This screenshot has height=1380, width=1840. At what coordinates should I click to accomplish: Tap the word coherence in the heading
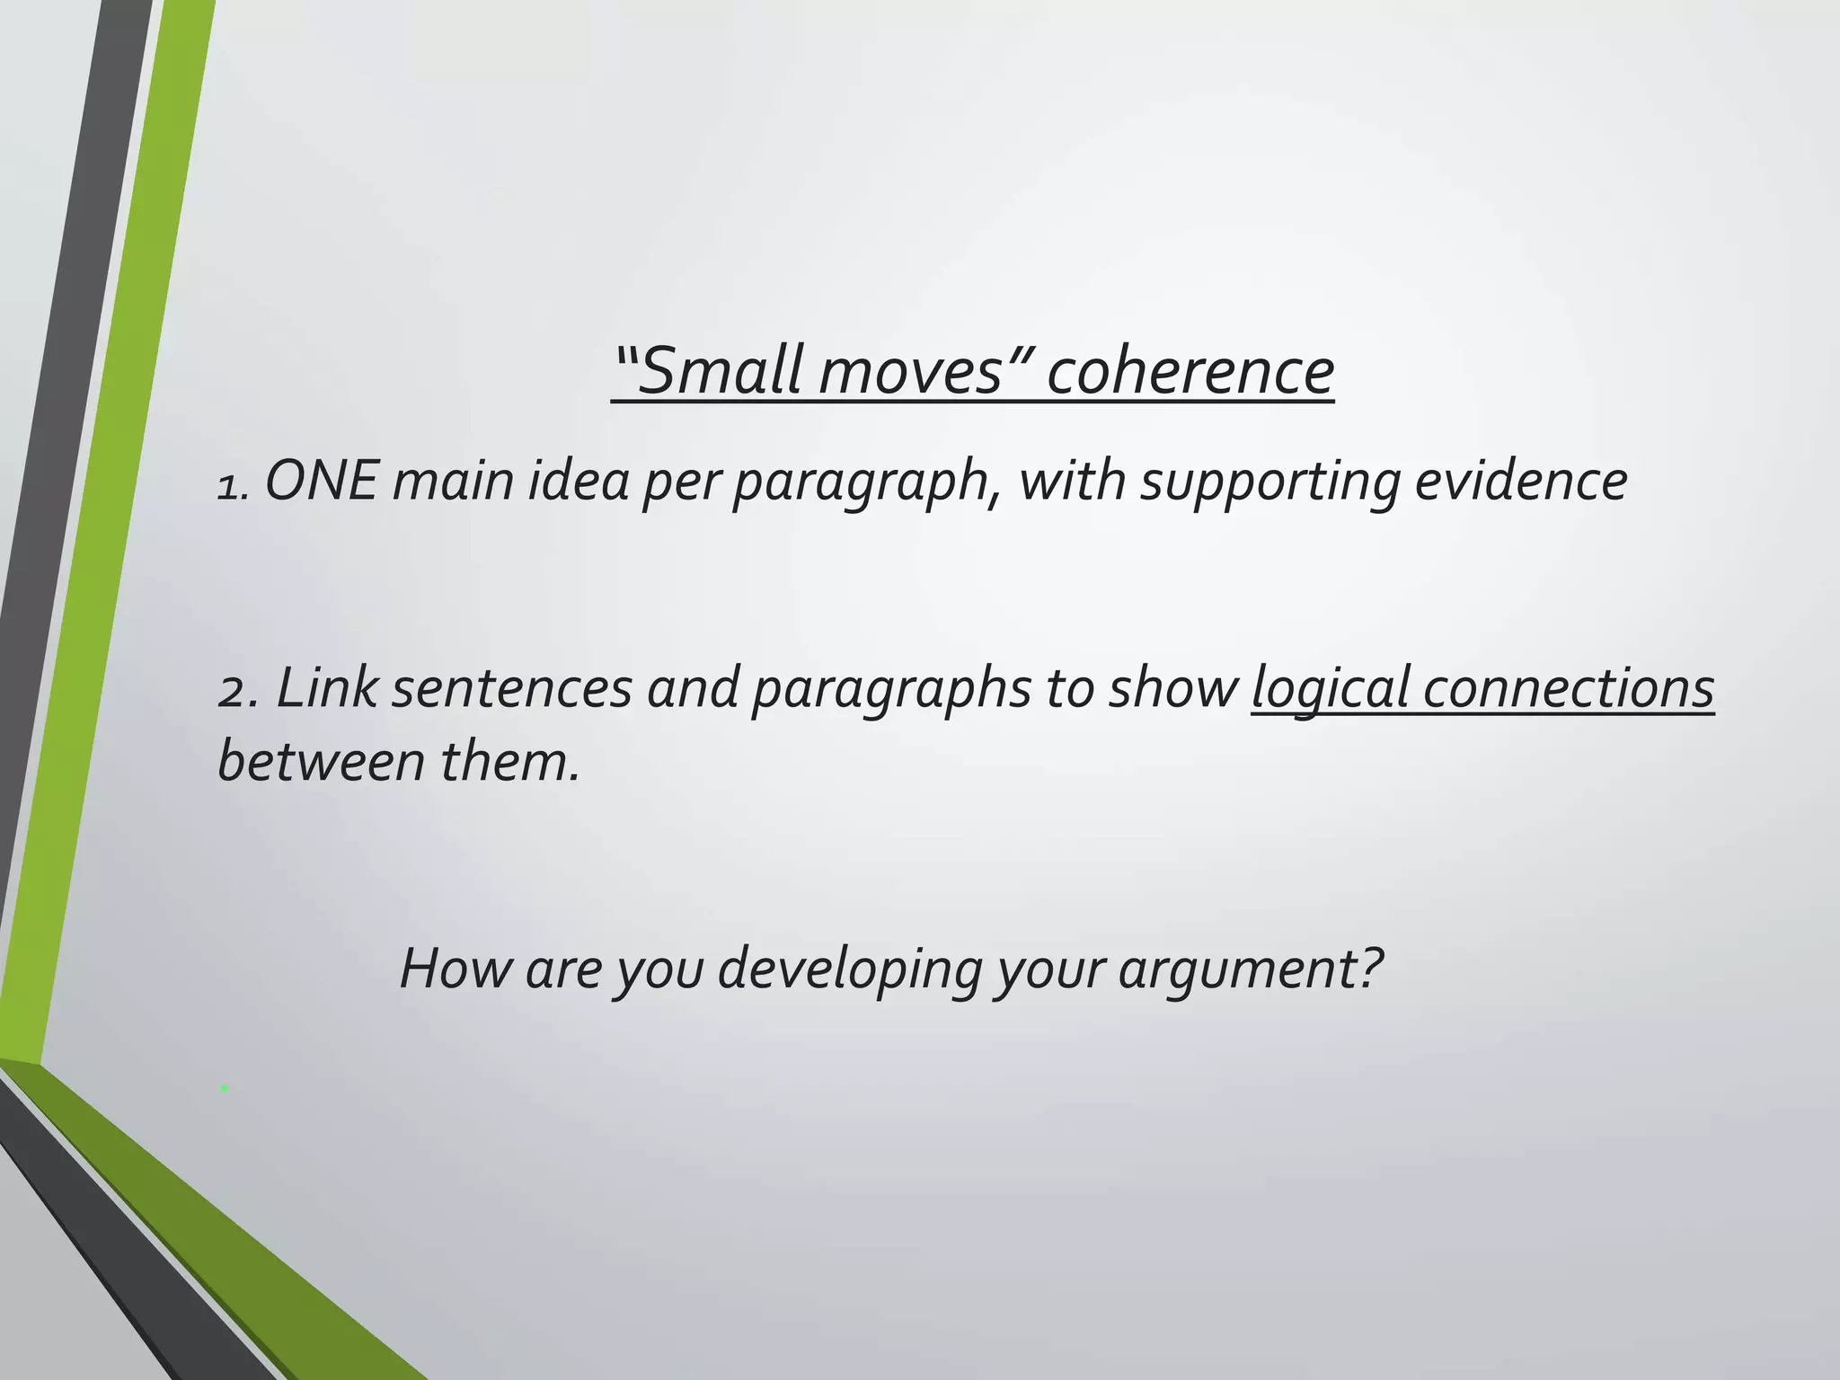click(1190, 371)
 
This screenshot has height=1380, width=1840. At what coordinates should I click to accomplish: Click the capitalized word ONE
click(322, 481)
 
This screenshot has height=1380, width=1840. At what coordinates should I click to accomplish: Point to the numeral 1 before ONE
click(229, 488)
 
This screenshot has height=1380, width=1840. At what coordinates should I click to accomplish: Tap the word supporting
click(1270, 482)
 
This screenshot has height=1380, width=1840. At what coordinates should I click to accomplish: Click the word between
click(322, 761)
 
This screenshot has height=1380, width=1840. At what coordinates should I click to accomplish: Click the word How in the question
click(455, 969)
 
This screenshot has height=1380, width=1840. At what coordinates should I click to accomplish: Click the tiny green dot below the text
click(225, 1089)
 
